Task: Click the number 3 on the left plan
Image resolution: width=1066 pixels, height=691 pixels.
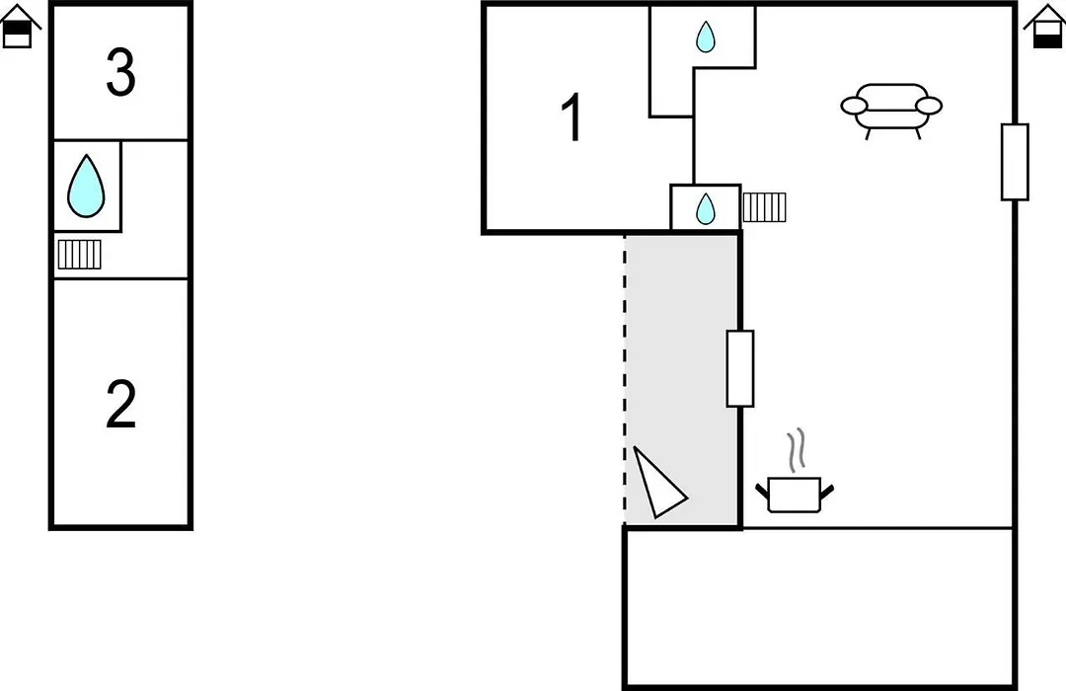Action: (x=121, y=72)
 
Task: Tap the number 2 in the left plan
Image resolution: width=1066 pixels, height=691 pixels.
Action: (x=121, y=404)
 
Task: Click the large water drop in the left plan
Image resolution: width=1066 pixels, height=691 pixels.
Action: (x=86, y=186)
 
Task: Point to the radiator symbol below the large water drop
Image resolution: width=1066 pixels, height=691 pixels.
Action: (x=80, y=255)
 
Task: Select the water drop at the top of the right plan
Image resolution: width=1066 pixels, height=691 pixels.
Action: (x=706, y=37)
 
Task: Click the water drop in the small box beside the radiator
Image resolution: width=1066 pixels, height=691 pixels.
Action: (x=706, y=209)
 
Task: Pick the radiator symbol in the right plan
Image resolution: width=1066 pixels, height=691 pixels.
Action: (x=764, y=207)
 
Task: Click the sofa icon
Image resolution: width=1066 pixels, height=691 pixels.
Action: (x=891, y=111)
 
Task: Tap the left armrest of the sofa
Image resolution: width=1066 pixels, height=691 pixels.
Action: (x=854, y=106)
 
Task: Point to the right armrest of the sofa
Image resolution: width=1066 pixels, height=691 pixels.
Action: (x=929, y=106)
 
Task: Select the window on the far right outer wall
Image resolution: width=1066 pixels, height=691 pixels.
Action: (x=1015, y=162)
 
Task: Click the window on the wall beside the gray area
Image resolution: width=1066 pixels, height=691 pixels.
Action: (x=740, y=368)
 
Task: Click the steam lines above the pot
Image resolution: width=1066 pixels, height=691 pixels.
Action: (x=797, y=449)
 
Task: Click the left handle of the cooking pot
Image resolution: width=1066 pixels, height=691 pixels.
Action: (x=762, y=491)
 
